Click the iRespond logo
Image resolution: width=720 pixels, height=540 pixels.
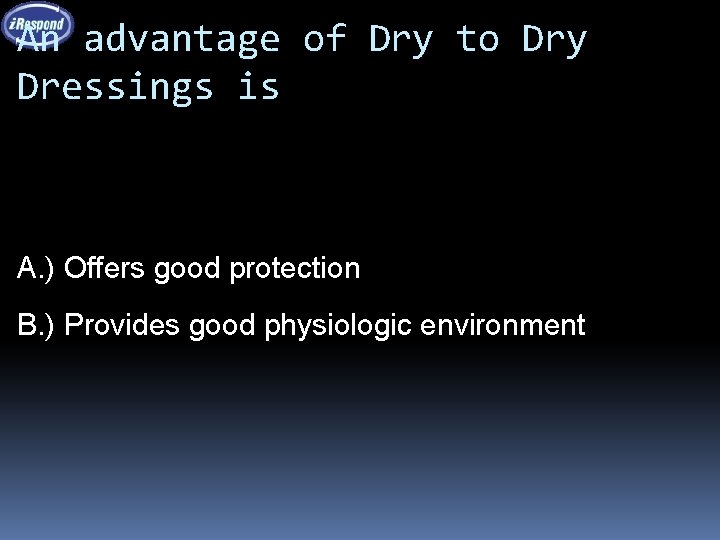pyautogui.click(x=37, y=24)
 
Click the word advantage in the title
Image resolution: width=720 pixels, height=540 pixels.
pyautogui.click(x=181, y=40)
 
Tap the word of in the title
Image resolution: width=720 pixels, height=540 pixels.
pyautogui.click(x=324, y=40)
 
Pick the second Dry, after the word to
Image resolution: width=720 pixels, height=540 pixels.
pyautogui.click(x=554, y=40)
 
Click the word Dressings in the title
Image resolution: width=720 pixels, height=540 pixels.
pyautogui.click(x=116, y=86)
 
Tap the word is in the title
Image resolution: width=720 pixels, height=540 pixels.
pyautogui.click(x=259, y=86)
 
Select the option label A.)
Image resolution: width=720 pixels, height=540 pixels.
pyautogui.click(x=37, y=268)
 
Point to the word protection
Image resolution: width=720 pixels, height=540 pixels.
pyautogui.click(x=294, y=268)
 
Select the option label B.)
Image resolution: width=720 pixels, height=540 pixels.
pyautogui.click(x=37, y=325)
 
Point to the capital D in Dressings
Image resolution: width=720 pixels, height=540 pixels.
pyautogui.click(x=28, y=86)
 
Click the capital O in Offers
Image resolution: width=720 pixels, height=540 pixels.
pyautogui.click(x=73, y=268)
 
